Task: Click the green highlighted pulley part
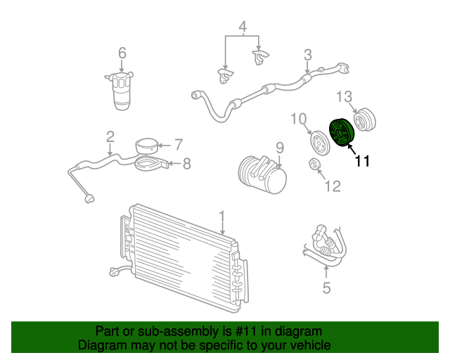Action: click(x=342, y=133)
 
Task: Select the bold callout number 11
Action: click(x=362, y=161)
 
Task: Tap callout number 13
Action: click(x=344, y=97)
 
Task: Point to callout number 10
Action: click(x=299, y=119)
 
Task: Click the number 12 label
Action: click(x=333, y=186)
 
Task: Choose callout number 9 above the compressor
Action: click(x=280, y=148)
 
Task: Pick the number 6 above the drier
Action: click(x=122, y=53)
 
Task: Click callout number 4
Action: click(x=243, y=27)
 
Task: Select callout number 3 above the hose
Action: click(x=308, y=55)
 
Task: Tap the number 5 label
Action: click(x=326, y=288)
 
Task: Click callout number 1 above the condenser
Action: click(x=222, y=217)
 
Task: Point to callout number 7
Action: click(x=179, y=144)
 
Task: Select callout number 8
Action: click(x=187, y=164)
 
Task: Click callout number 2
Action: click(x=110, y=137)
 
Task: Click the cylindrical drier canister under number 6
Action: click(x=120, y=91)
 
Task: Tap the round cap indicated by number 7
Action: click(x=147, y=147)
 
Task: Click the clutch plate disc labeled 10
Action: click(x=320, y=143)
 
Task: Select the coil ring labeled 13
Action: click(x=364, y=120)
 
